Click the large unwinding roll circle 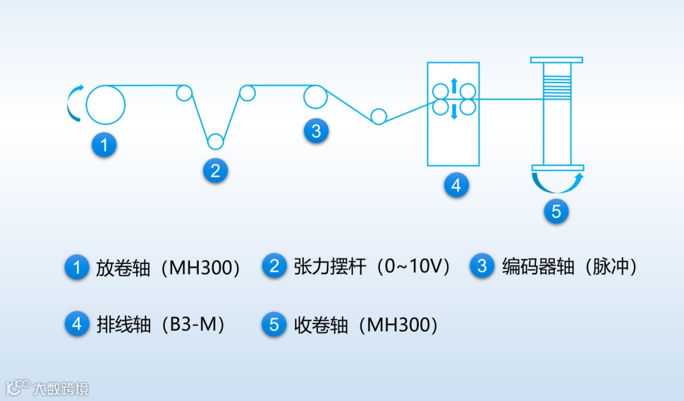[105, 104]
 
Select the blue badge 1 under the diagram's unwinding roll [104, 145]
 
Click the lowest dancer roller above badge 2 [215, 141]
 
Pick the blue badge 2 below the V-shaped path [215, 170]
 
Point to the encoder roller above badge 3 [315, 97]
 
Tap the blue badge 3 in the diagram [316, 131]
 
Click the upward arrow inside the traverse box [453, 84]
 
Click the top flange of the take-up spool [557, 60]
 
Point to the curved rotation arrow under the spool [557, 183]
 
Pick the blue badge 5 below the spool [556, 211]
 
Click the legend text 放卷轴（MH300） [168, 267]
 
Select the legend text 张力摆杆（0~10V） [372, 266]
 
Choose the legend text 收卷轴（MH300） [366, 325]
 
